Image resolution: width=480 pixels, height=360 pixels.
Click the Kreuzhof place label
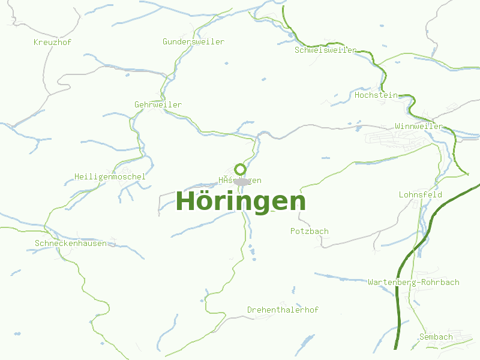point(53,42)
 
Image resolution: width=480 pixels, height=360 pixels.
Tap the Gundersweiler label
point(193,41)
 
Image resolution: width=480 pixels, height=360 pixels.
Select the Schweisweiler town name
point(325,50)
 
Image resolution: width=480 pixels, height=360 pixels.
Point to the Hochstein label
point(376,95)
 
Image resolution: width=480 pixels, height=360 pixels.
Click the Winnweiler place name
point(419,126)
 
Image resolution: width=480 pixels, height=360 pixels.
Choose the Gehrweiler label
point(158,104)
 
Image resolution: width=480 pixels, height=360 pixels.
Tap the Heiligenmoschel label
point(110,176)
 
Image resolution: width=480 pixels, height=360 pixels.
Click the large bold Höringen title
point(241,201)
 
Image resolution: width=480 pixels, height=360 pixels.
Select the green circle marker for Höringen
point(240,169)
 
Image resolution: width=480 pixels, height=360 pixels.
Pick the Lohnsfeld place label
point(420,194)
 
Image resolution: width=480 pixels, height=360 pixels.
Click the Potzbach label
point(309,231)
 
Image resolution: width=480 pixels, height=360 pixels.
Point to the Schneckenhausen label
point(71,243)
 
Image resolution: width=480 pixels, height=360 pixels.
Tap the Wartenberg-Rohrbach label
point(413,282)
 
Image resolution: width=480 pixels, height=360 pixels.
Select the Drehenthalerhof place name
point(283,310)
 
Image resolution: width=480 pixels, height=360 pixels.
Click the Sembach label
point(436,337)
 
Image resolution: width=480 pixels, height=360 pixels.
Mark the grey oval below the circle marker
point(241,181)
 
